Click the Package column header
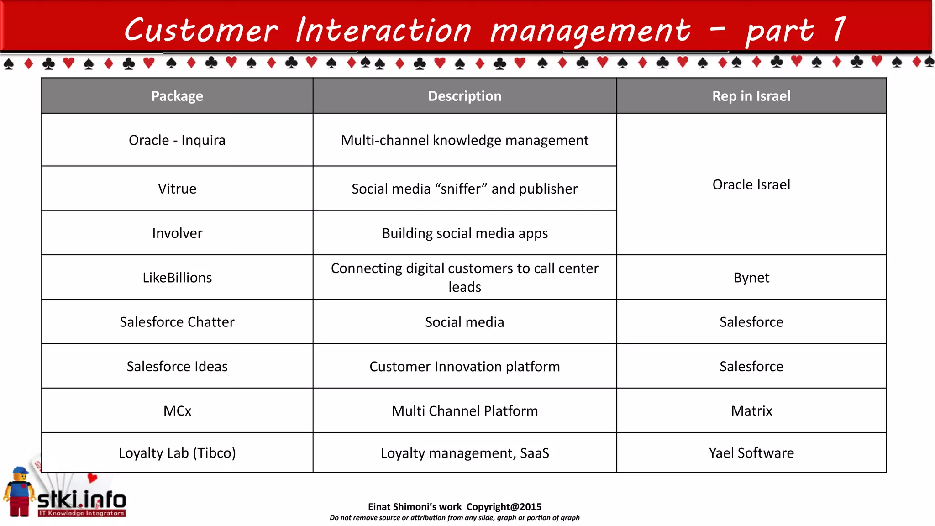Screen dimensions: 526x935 pos(177,96)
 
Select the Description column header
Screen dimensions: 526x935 pos(464,96)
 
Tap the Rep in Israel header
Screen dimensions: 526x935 pos(751,96)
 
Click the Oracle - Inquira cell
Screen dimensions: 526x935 pos(177,140)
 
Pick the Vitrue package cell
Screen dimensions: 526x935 pos(177,189)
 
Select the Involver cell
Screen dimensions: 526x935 pos(177,233)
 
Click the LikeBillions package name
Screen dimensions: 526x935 pos(177,278)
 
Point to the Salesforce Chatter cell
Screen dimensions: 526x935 pos(177,322)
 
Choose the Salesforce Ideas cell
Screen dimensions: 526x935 pos(177,366)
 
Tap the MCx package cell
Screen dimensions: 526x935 pos(177,411)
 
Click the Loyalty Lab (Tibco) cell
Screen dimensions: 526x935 pos(177,453)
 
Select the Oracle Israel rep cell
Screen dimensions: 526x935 pos(751,184)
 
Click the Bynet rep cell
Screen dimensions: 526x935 pos(751,278)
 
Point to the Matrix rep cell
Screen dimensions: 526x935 pos(751,411)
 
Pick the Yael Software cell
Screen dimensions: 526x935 pos(751,453)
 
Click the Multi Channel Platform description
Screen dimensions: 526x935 pos(464,411)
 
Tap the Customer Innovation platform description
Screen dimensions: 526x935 pos(464,366)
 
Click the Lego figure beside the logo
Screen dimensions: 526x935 pos(19,492)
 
